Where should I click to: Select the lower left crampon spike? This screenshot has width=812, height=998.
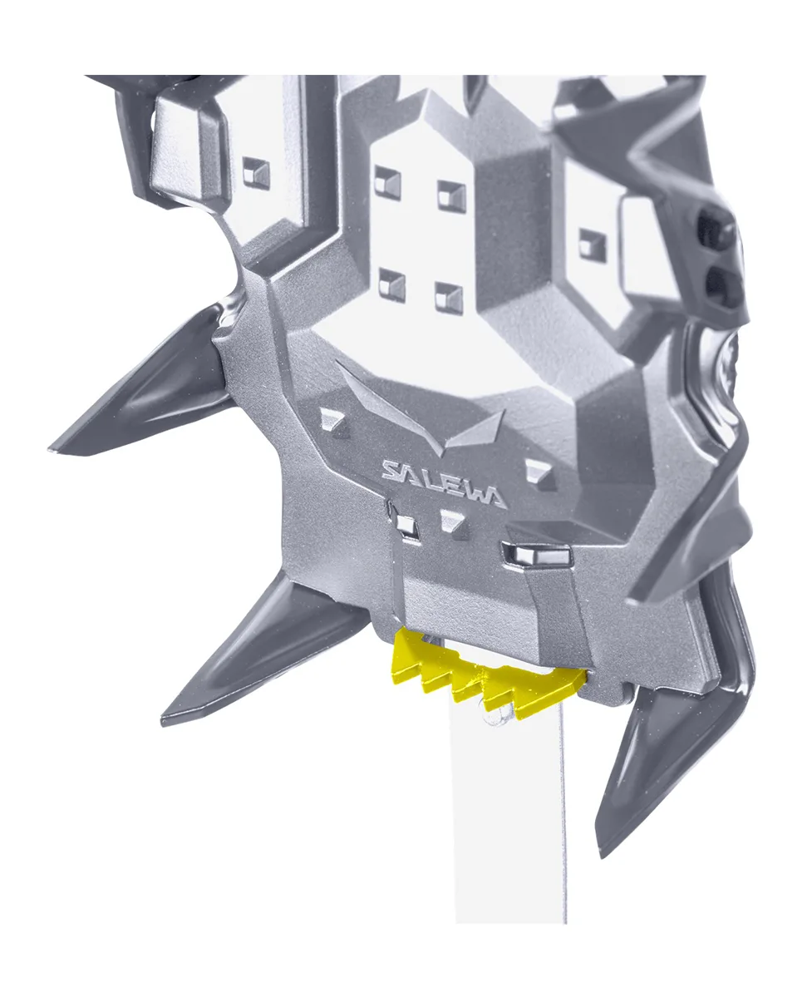click(263, 649)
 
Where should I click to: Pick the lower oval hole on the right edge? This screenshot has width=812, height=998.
click(724, 286)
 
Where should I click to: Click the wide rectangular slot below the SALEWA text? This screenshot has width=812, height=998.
click(536, 554)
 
